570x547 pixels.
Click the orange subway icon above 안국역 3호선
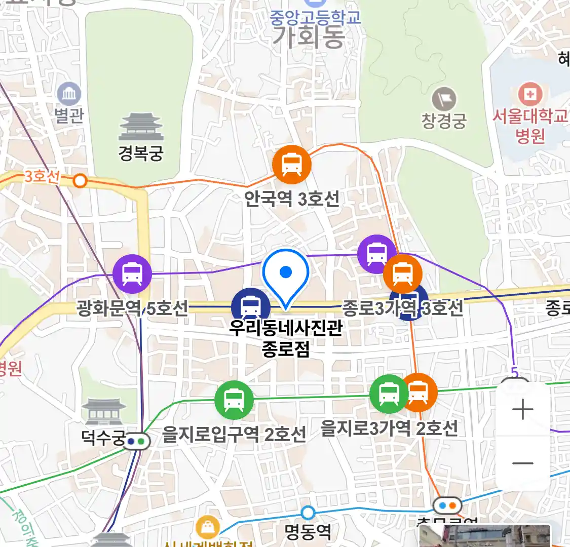(x=291, y=165)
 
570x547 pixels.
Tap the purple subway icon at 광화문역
(x=132, y=274)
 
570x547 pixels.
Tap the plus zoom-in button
(x=522, y=410)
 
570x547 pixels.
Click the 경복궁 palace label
(x=141, y=152)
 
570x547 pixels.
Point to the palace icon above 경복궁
(x=141, y=127)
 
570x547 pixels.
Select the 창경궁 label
(x=444, y=121)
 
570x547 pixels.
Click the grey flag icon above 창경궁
(x=444, y=99)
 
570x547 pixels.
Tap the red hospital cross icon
(x=530, y=94)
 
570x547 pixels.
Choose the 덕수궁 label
(x=103, y=437)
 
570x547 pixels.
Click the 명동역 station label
(x=308, y=532)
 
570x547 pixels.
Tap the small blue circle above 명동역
(x=308, y=513)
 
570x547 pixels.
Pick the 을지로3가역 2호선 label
(x=389, y=428)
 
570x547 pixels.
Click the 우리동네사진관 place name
(x=286, y=328)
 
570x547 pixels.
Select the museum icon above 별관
(x=68, y=94)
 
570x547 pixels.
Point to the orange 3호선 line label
(x=42, y=176)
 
